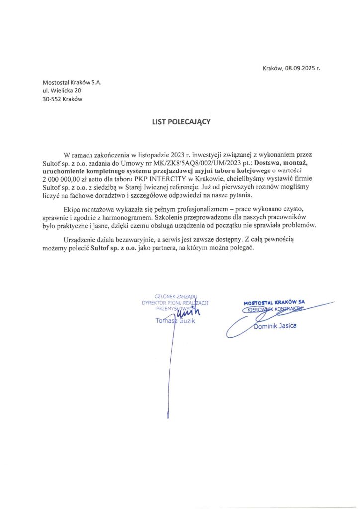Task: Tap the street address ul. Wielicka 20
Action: pyautogui.click(x=62, y=90)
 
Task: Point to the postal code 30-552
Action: pyautogui.click(x=52, y=99)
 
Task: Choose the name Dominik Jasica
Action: pyautogui.click(x=275, y=326)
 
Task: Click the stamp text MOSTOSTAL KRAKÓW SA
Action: pyautogui.click(x=274, y=302)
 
